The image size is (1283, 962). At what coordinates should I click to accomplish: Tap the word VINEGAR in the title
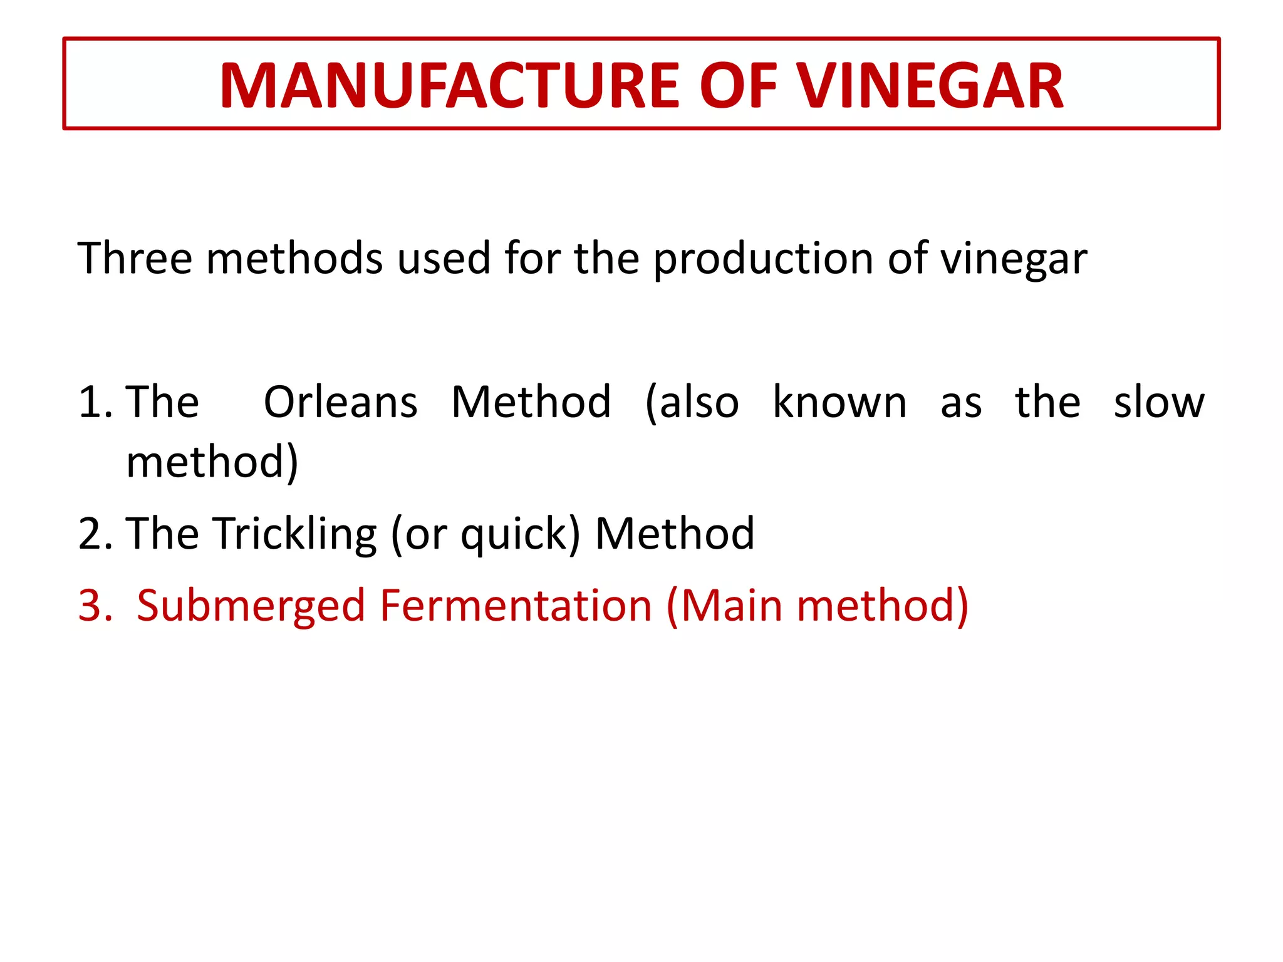930,86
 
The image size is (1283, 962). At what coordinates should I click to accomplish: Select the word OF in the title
738,86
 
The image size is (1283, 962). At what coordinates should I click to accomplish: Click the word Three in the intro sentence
135,258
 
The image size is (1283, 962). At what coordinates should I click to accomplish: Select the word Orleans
340,401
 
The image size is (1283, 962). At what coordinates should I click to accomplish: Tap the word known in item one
839,401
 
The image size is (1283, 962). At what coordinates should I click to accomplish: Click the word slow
1159,401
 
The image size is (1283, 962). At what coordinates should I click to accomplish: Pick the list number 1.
94,402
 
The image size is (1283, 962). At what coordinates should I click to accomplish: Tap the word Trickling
295,534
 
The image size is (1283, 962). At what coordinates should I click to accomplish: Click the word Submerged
251,606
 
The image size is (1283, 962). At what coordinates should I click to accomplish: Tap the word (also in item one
692,403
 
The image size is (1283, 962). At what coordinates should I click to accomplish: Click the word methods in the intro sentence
294,258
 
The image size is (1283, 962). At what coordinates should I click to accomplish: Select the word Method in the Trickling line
675,534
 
